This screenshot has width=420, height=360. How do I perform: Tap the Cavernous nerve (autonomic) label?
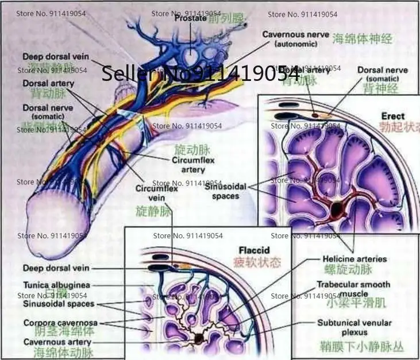pyautogui.click(x=295, y=38)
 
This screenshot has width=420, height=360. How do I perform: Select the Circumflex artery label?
pyautogui.click(x=193, y=164)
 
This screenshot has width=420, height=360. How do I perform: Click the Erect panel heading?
pyautogui.click(x=393, y=115)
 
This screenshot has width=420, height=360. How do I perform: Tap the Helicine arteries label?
pyautogui.click(x=355, y=258)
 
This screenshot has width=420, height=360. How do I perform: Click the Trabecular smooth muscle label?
pyautogui.click(x=353, y=289)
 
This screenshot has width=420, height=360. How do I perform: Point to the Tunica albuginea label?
pyautogui.click(x=56, y=285)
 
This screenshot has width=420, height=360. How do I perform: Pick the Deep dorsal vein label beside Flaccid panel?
pyautogui.click(x=56, y=268)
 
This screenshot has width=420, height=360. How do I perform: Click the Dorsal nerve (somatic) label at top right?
pyautogui.click(x=382, y=73)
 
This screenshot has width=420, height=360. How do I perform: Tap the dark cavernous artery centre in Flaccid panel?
pyautogui.click(x=199, y=338)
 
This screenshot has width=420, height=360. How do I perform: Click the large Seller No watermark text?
pyautogui.click(x=201, y=73)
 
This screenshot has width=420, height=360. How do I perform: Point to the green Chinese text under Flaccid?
pyautogui.click(x=257, y=263)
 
